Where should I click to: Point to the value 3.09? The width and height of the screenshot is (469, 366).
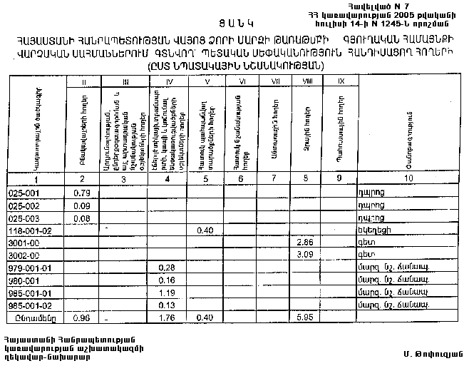(x=304, y=255)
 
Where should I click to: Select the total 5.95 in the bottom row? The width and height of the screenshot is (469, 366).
(x=304, y=317)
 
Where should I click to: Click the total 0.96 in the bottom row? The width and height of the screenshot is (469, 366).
(x=82, y=317)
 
